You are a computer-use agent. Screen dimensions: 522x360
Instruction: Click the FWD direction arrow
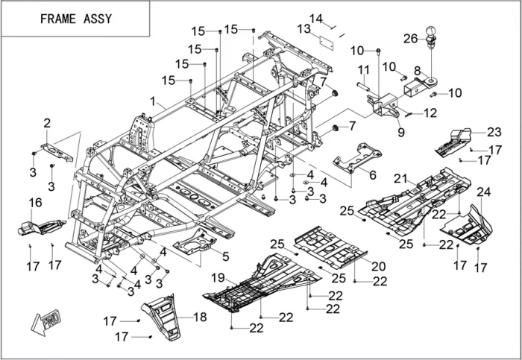tap(46, 322)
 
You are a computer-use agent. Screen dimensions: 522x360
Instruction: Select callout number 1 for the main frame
tap(153, 101)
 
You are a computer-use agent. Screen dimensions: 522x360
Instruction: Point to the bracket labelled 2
tap(57, 152)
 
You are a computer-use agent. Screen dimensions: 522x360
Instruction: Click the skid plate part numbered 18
tap(163, 317)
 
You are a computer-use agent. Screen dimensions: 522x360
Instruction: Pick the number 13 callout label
tap(304, 29)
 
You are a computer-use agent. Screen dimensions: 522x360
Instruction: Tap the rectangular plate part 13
tap(327, 43)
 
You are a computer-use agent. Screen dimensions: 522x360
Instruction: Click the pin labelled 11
tap(364, 86)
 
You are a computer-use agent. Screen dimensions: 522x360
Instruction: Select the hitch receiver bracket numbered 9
tap(383, 106)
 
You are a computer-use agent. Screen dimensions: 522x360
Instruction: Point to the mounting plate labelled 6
tap(357, 158)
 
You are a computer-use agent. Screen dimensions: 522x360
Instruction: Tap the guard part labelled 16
tap(41, 227)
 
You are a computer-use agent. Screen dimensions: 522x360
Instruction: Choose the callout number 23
tap(494, 132)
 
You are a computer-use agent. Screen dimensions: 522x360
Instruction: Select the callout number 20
tap(379, 266)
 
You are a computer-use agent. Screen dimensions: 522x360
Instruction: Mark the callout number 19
tap(218, 278)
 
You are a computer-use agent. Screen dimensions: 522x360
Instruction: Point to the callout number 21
tap(400, 179)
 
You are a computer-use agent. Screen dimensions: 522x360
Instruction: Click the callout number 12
tap(430, 113)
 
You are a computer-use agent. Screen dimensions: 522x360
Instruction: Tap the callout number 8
tap(418, 71)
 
